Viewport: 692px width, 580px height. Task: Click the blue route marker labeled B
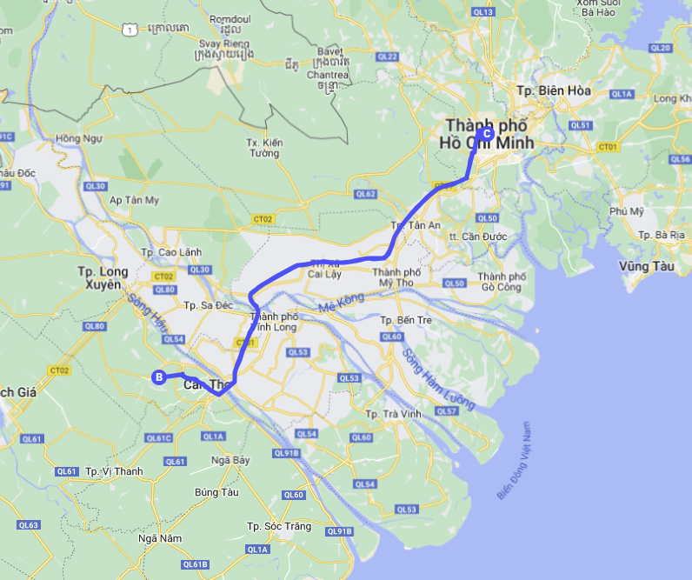coord(159,377)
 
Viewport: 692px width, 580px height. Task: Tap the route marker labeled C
coord(486,134)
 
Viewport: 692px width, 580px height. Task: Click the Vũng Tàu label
coord(646,266)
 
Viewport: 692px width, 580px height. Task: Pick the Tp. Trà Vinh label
coord(394,414)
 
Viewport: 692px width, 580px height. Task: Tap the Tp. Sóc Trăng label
coord(279,526)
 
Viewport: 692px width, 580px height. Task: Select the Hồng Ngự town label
coord(78,138)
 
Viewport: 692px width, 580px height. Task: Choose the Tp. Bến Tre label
coord(406,320)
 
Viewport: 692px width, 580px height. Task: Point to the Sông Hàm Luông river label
coord(438,379)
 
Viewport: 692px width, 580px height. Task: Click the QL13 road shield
coord(484,11)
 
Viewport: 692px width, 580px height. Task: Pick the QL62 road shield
coord(366,194)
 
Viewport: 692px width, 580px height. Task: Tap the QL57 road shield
coord(446,410)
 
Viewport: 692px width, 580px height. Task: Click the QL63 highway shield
coord(29,525)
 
